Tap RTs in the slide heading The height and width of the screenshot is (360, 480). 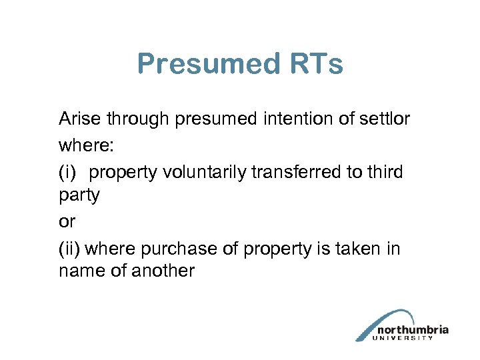pos(317,65)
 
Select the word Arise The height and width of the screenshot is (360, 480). pos(79,119)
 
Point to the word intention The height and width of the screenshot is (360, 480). pos(290,119)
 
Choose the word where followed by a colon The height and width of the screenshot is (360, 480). pos(81,145)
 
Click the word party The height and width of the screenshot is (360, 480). pos(79,197)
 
